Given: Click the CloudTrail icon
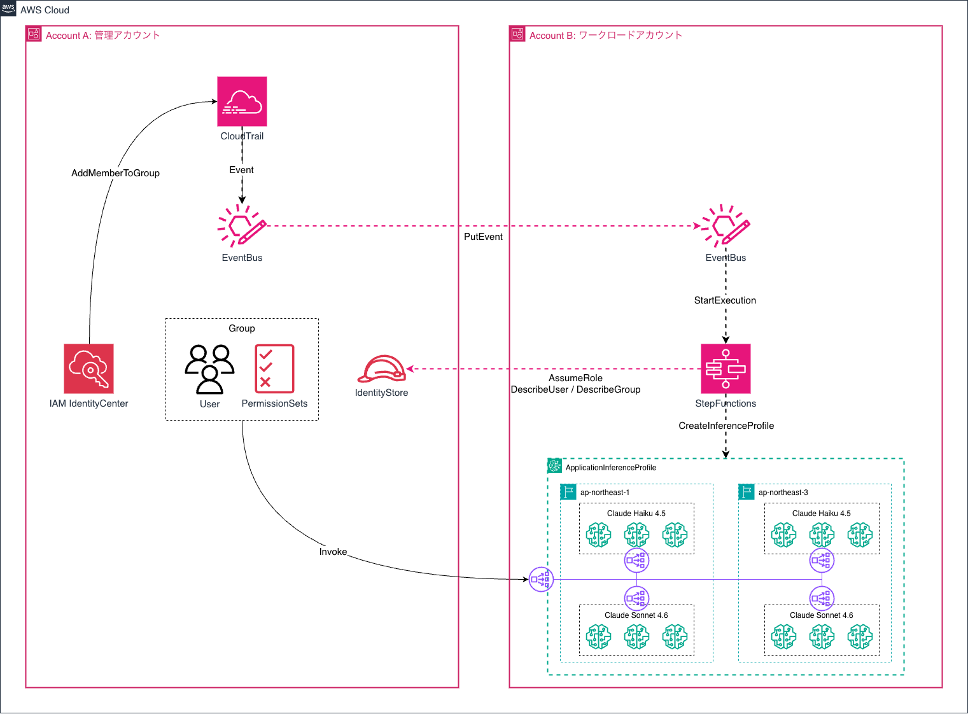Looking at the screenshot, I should click(242, 102).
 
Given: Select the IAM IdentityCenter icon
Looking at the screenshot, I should click(88, 369).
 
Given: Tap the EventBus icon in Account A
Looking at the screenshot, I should click(242, 226).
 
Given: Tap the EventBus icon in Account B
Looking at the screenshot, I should click(726, 226).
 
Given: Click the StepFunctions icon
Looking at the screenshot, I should click(726, 369).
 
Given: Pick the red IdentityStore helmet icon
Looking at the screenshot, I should click(381, 369).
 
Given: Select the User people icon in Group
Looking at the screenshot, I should click(209, 369).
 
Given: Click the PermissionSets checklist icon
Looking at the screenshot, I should click(274, 369).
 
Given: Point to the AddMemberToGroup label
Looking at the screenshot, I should click(115, 173).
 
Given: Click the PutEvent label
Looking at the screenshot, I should click(483, 237).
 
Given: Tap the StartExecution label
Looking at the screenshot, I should click(725, 300).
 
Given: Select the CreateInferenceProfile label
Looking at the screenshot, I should click(726, 426).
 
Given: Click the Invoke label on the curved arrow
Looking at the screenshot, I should click(333, 552).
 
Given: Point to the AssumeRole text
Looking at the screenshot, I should click(575, 378).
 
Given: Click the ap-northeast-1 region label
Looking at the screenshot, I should click(605, 493).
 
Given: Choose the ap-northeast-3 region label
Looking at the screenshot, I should click(783, 493).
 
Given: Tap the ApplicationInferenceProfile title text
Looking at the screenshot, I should click(610, 468).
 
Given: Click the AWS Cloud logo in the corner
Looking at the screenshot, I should click(8, 8).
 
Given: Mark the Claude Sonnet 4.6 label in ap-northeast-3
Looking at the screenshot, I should click(821, 615).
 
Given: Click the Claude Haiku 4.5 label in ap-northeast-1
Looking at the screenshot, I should click(636, 514).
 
